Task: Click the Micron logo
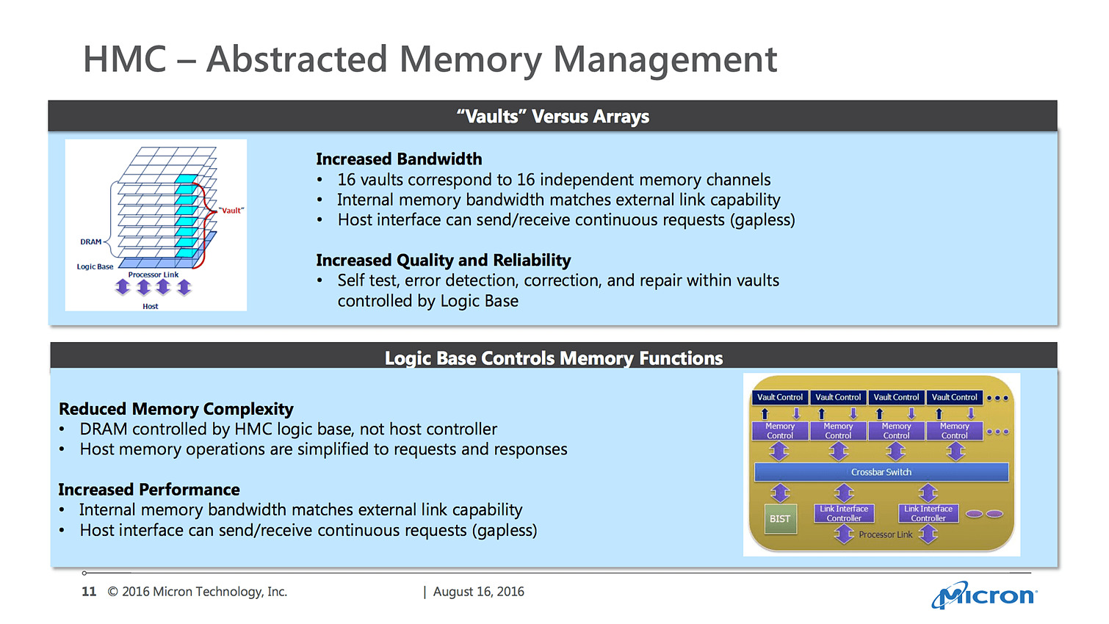click(x=984, y=595)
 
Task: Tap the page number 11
click(x=89, y=592)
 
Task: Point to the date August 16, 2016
click(x=478, y=592)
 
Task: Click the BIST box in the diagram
click(x=780, y=518)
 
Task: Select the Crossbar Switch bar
click(x=881, y=472)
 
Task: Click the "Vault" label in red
click(x=231, y=211)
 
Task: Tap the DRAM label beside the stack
click(x=91, y=242)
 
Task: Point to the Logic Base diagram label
click(x=95, y=266)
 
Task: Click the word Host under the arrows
click(x=151, y=306)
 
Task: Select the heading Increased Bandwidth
click(x=399, y=159)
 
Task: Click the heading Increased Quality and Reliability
click(x=443, y=261)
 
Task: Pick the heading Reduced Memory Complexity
click(x=176, y=409)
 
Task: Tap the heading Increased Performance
click(x=149, y=490)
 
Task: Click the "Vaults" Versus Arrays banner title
click(x=552, y=117)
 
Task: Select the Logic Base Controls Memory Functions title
click(x=554, y=358)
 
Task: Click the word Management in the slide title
click(x=665, y=59)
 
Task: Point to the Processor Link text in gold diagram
click(x=885, y=534)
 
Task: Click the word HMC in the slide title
click(x=126, y=59)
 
